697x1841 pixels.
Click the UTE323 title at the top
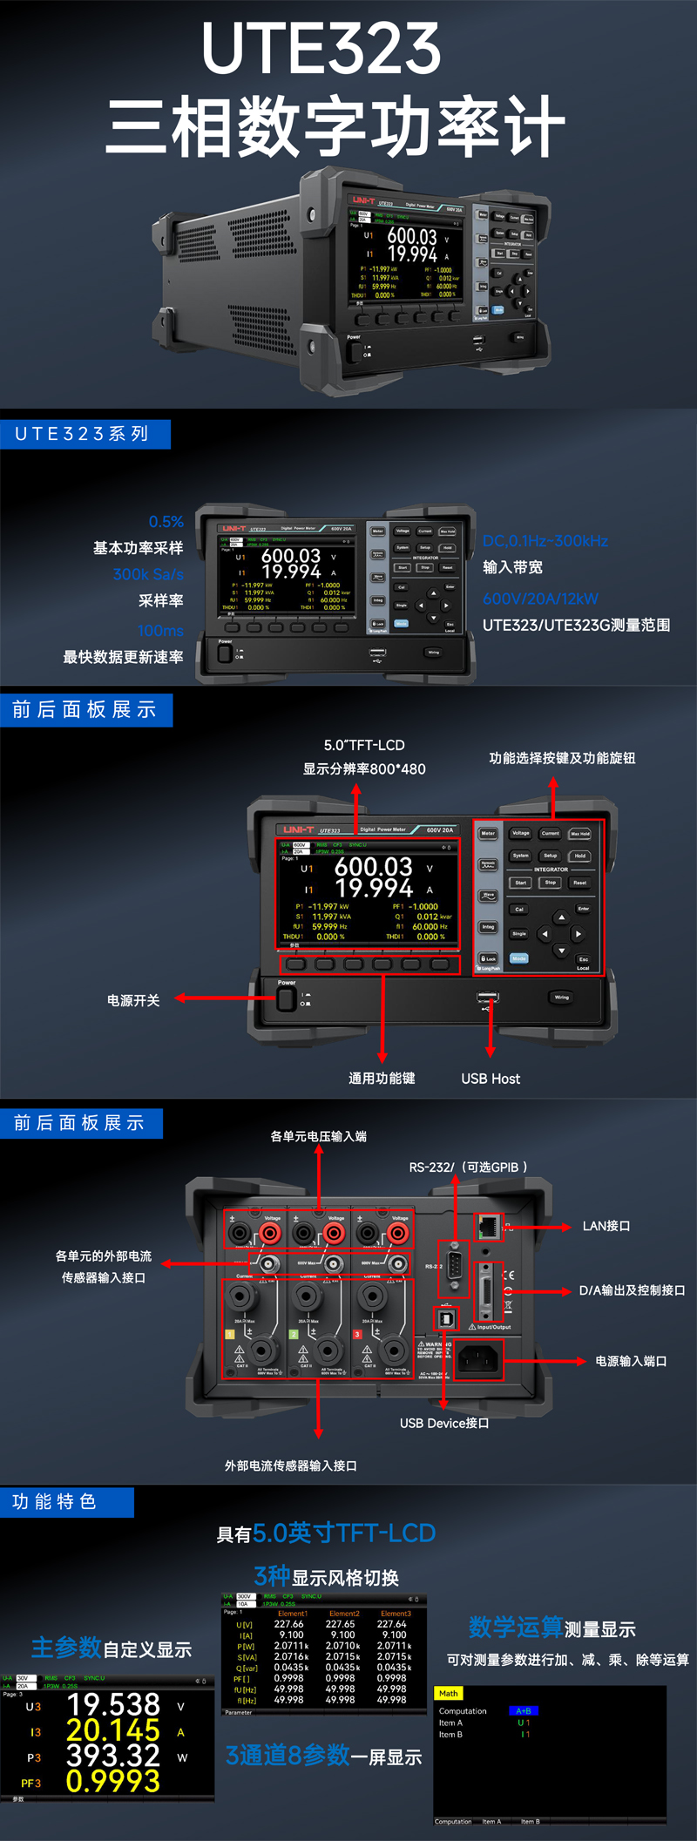click(x=321, y=48)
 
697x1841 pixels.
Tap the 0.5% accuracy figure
click(x=166, y=522)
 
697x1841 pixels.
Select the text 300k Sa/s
click(x=148, y=574)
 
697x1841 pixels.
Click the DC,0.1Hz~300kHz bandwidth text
click(x=545, y=541)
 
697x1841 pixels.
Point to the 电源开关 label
click(x=133, y=1000)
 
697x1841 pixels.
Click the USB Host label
click(x=490, y=1079)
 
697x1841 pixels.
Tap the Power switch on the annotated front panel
click(x=286, y=998)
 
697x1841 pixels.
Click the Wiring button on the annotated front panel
click(x=561, y=998)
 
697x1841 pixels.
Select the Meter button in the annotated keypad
click(x=488, y=833)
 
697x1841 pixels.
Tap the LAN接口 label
click(x=606, y=1226)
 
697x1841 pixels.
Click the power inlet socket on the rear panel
click(x=478, y=1358)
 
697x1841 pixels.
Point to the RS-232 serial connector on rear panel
click(x=454, y=1269)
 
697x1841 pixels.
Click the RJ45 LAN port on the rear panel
click(x=489, y=1226)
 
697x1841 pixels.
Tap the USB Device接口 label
click(x=443, y=1423)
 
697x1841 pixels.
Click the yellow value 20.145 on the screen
click(x=113, y=1730)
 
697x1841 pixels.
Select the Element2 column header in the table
click(x=343, y=1614)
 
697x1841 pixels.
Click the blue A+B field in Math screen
click(x=524, y=1711)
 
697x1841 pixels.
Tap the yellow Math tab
click(x=449, y=1694)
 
